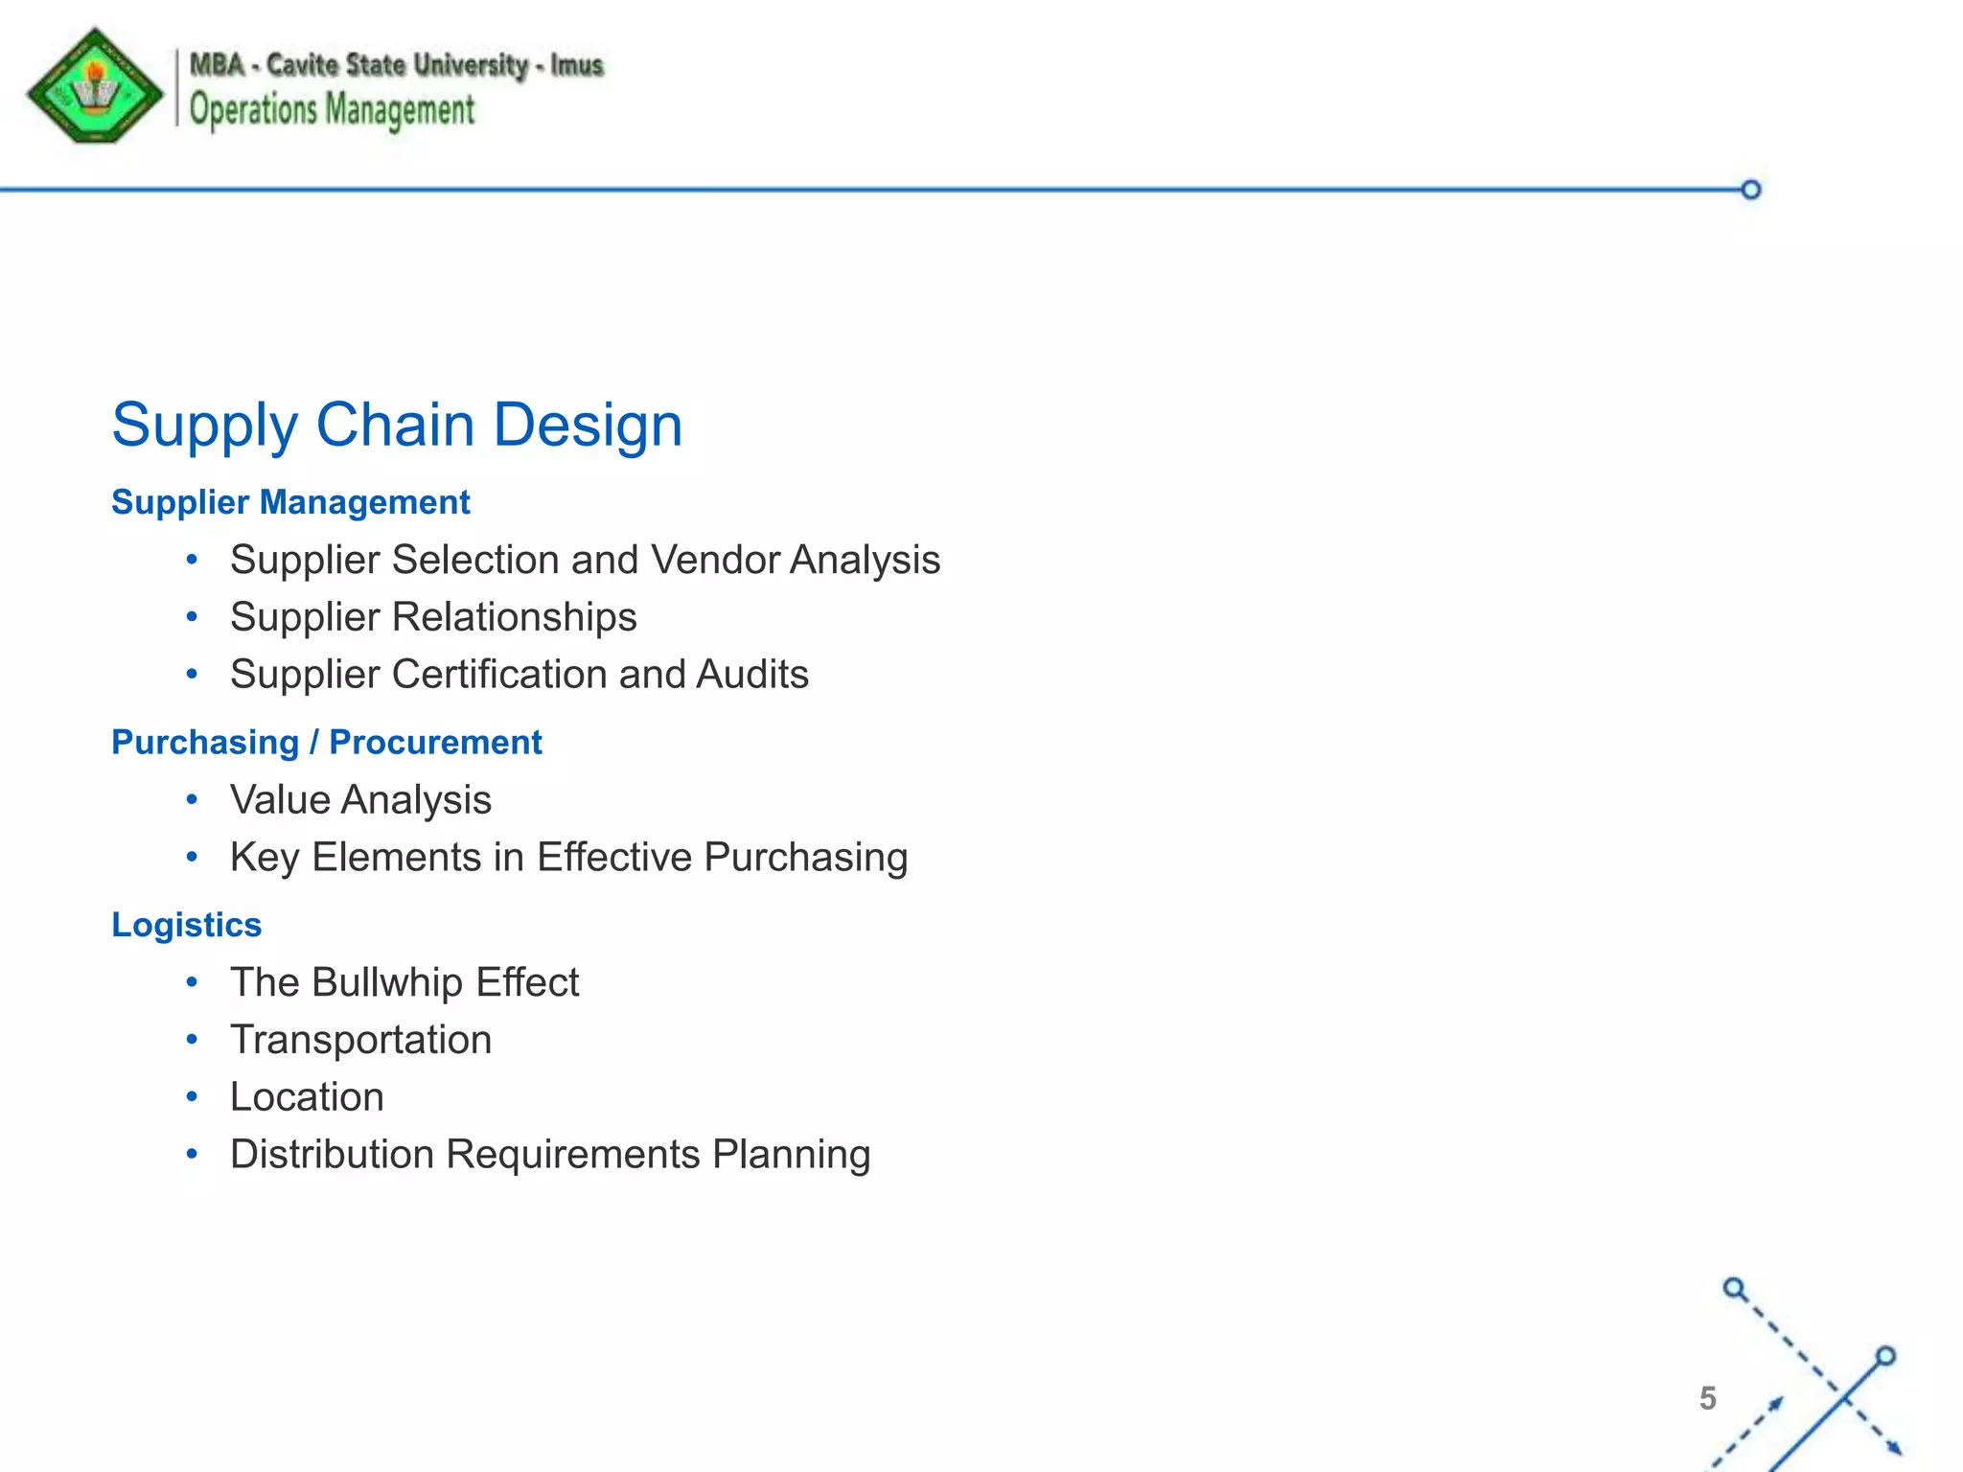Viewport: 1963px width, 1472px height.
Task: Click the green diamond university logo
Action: click(95, 87)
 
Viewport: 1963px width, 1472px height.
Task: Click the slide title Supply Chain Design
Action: click(397, 425)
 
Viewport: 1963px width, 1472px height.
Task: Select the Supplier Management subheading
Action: click(290, 502)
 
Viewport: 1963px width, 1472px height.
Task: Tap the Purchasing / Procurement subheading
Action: click(326, 743)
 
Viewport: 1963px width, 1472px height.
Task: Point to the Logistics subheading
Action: click(186, 925)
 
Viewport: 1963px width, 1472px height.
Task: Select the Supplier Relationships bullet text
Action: click(433, 617)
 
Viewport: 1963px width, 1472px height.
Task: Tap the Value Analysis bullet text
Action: click(360, 800)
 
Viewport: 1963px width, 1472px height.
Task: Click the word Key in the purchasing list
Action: click(264, 858)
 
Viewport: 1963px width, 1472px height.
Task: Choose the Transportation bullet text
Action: click(360, 1040)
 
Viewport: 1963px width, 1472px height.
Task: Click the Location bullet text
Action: click(307, 1097)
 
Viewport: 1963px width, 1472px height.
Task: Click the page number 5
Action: click(1707, 1398)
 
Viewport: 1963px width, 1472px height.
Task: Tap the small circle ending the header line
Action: click(1750, 190)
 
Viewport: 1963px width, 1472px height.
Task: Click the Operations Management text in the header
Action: click(332, 110)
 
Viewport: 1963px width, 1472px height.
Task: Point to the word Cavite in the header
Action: click(301, 65)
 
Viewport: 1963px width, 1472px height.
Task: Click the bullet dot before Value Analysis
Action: click(193, 799)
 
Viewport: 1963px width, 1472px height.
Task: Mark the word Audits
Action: click(752, 675)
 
